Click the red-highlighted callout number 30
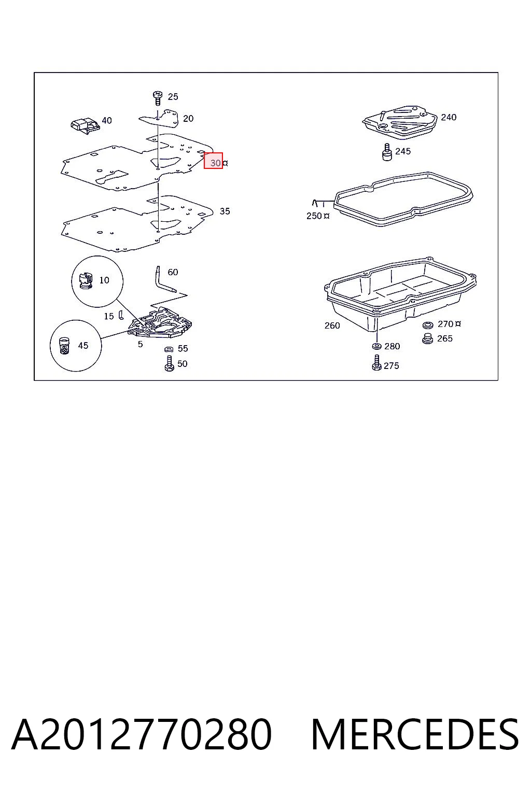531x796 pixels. [216, 163]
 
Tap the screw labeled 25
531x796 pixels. [158, 98]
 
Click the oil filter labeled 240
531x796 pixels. [400, 122]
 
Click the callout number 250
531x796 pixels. [314, 216]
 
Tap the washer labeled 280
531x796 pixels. [376, 346]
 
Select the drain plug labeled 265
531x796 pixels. [427, 338]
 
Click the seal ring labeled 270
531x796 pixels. [427, 325]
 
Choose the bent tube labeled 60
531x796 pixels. [164, 279]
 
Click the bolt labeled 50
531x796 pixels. [169, 363]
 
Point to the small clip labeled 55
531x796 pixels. [169, 349]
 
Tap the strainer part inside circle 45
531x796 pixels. [64, 346]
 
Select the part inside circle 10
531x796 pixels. [86, 280]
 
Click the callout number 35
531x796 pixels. [225, 211]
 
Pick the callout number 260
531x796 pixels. [332, 325]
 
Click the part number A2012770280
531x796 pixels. [142, 735]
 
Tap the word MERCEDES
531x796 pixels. [415, 735]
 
